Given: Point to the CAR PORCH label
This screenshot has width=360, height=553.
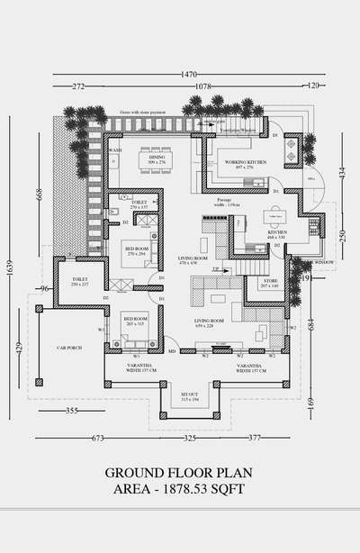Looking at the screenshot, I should [70, 346].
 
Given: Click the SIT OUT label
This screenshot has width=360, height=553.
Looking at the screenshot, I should [190, 394].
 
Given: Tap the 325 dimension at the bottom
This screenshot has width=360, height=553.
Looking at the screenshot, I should [190, 439].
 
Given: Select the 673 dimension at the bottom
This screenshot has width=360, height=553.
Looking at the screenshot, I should [97, 439].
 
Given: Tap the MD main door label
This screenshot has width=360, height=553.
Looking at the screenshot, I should [172, 351].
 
